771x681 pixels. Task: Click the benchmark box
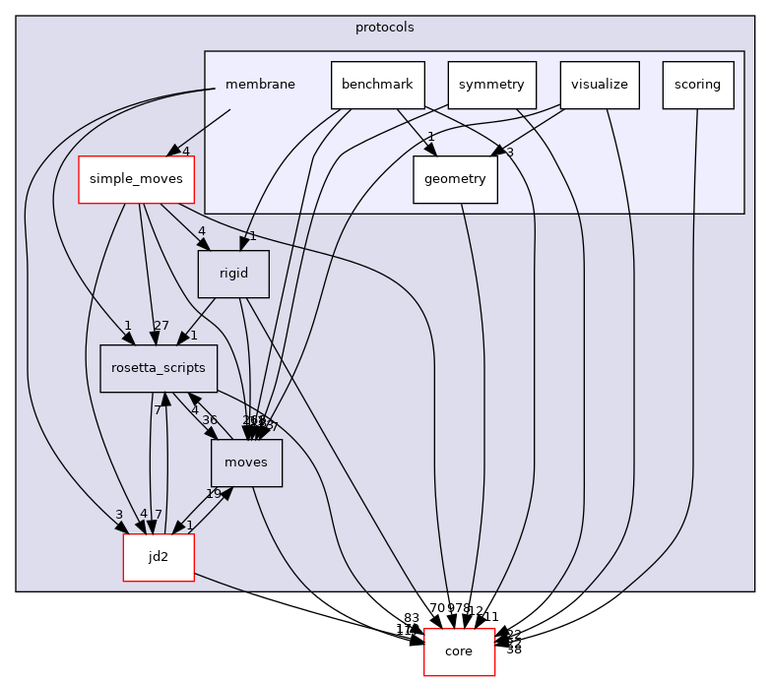378,85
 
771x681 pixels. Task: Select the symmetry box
491,85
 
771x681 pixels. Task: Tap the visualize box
600,85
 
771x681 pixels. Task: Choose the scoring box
698,85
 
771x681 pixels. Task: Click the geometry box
455,179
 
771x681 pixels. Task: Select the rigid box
233,275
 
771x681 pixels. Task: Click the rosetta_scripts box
159,368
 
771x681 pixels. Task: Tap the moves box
246,463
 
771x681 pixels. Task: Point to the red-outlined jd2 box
158,557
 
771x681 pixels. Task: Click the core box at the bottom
459,651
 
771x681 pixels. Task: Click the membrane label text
260,85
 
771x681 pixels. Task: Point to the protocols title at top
384,27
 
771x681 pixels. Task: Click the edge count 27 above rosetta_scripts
161,327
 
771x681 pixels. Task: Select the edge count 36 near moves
210,419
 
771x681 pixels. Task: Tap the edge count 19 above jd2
213,494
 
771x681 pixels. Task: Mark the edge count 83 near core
412,618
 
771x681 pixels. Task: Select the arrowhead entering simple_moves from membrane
174,150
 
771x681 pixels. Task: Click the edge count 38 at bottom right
513,650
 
